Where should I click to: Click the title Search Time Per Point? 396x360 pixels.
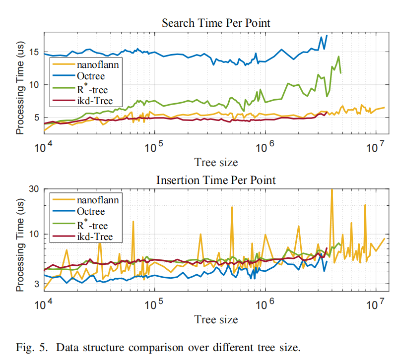[x=216, y=23]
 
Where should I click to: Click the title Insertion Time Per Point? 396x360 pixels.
[x=216, y=179]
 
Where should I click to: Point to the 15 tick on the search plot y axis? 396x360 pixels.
[x=34, y=52]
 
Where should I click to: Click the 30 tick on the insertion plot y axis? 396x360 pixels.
[x=34, y=189]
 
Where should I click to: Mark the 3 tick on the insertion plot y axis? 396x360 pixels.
[x=37, y=284]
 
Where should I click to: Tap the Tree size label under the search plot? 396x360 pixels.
[x=216, y=162]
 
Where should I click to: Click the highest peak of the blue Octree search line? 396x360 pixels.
[x=327, y=35]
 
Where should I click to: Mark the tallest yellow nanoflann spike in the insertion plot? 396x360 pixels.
[x=331, y=190]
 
